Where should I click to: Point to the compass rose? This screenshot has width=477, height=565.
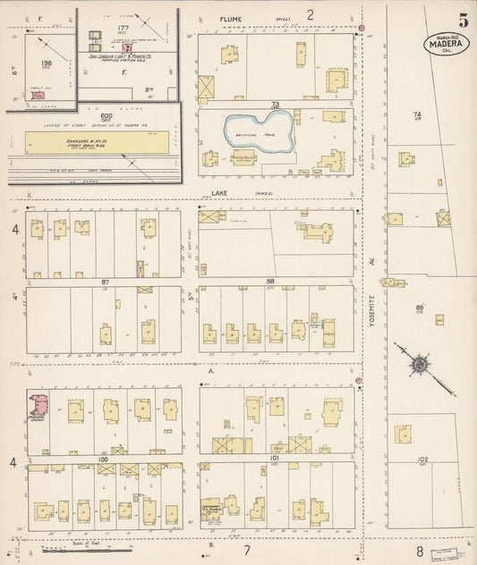(417, 364)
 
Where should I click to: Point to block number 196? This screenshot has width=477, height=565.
(47, 63)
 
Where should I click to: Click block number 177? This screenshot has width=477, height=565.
(124, 29)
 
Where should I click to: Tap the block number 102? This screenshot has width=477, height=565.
(422, 460)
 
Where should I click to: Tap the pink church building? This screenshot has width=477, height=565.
(39, 406)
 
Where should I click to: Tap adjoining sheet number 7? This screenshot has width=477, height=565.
(246, 551)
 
